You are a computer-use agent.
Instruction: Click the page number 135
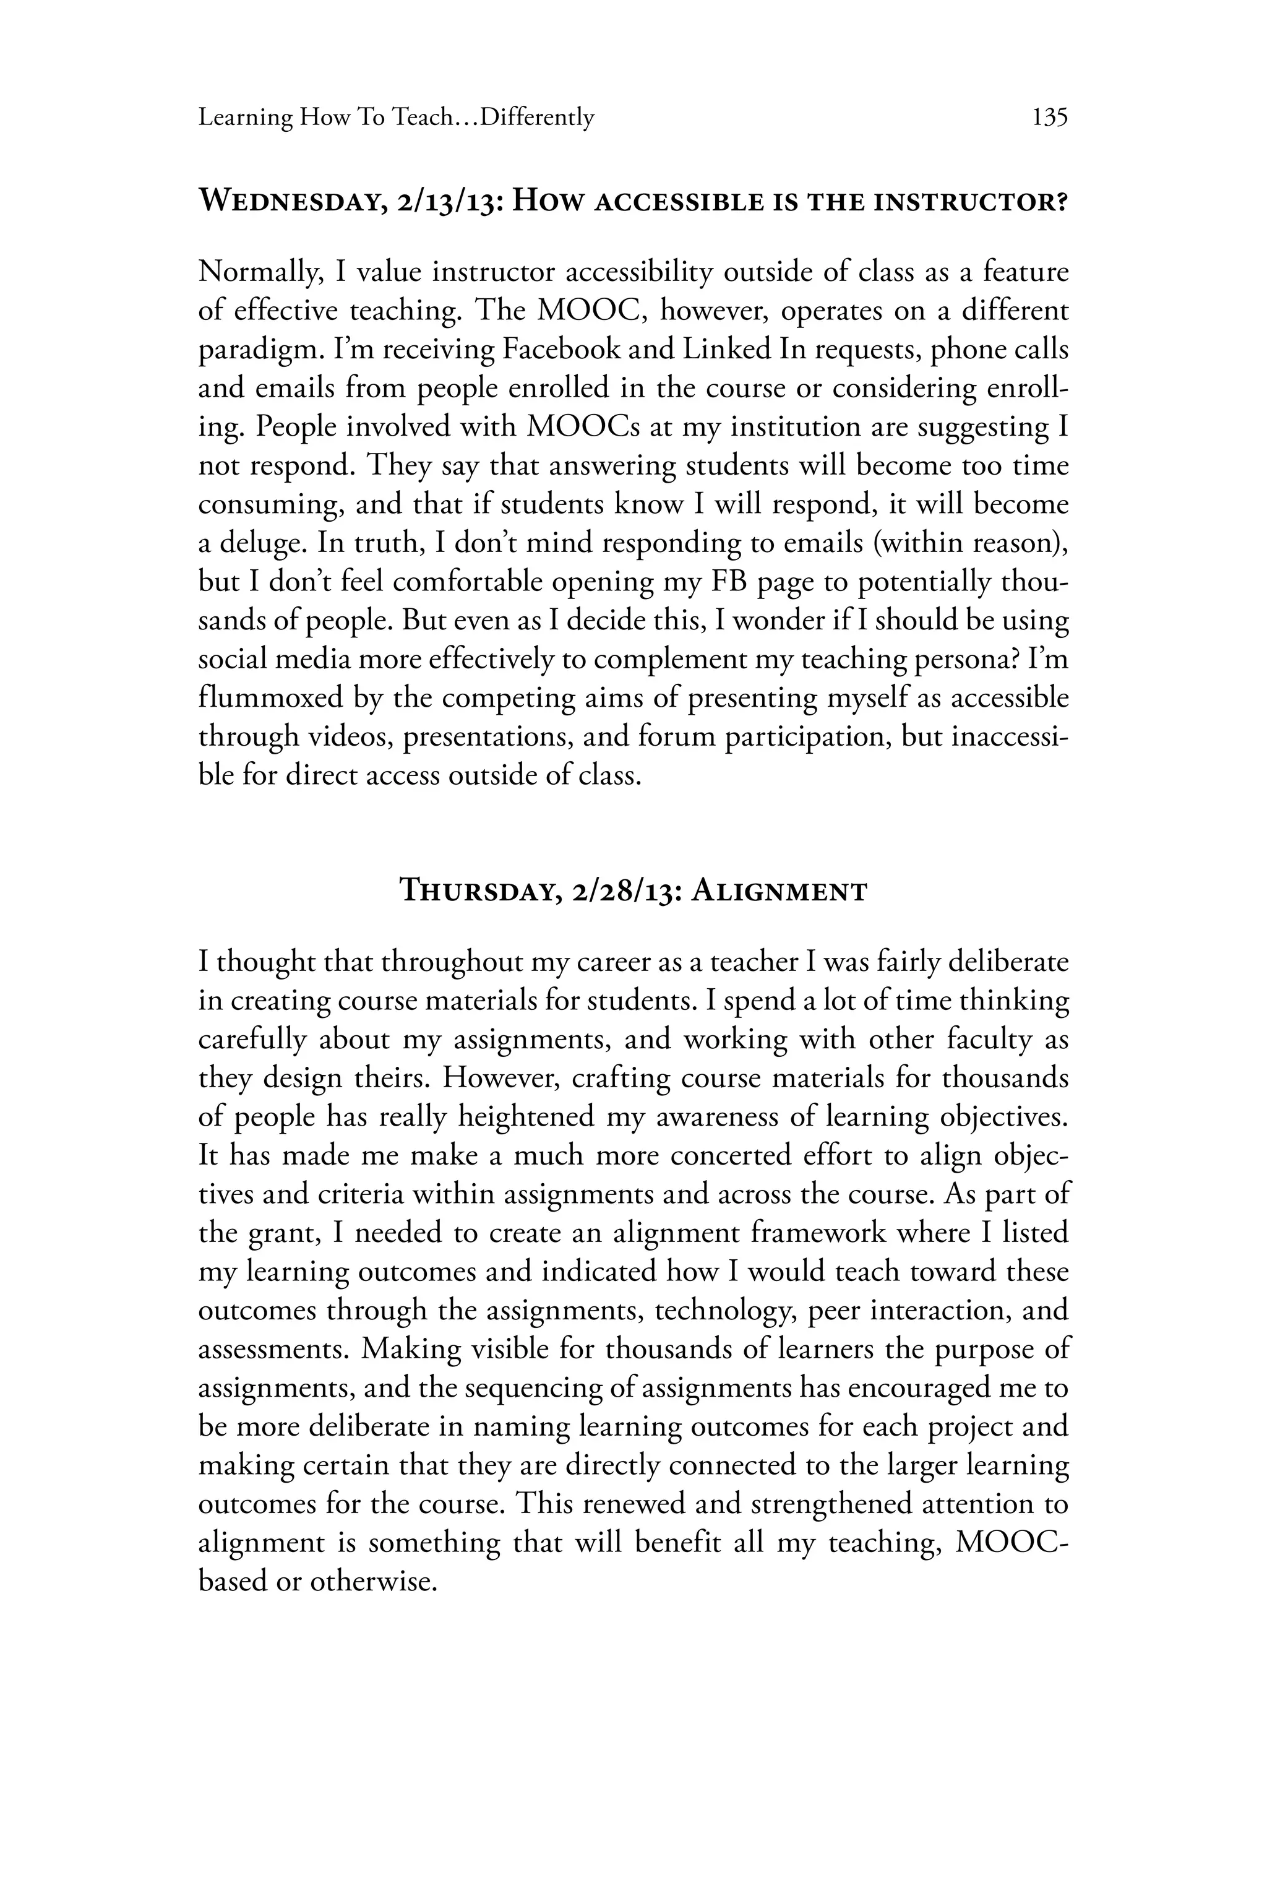click(1050, 118)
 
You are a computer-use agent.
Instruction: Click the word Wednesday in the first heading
click(290, 200)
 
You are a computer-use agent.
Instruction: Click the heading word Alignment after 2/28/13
click(780, 892)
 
